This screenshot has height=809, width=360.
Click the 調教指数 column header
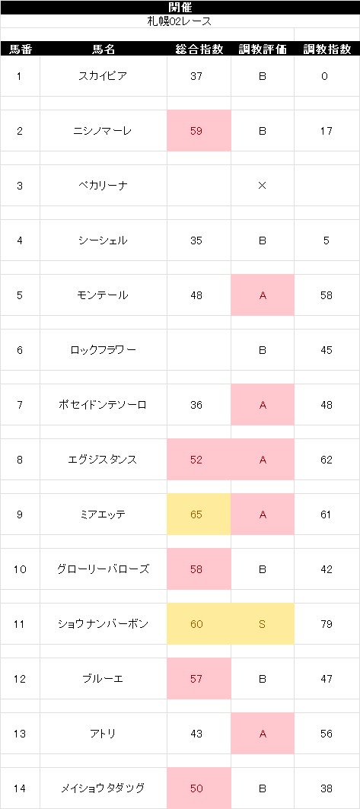(x=327, y=49)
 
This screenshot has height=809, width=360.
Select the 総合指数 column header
(x=199, y=49)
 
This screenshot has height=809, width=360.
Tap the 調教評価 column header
(x=263, y=49)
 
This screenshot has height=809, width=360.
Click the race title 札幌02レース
(x=180, y=21)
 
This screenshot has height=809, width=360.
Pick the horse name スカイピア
(x=104, y=76)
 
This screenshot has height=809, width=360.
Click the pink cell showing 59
(x=199, y=131)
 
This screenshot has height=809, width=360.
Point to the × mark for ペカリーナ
(x=262, y=186)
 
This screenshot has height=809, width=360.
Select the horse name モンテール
(x=104, y=295)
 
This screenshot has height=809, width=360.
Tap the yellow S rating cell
(x=263, y=624)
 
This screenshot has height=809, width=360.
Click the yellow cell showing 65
(x=199, y=514)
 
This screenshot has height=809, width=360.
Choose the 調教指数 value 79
(x=327, y=624)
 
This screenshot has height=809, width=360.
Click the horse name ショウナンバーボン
(x=104, y=624)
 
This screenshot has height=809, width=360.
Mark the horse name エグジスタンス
(x=104, y=460)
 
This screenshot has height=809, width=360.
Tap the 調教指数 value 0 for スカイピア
(x=324, y=76)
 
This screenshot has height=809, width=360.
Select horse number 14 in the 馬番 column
(x=20, y=788)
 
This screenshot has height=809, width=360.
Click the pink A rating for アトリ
(x=263, y=733)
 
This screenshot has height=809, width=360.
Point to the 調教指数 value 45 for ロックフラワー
(x=327, y=350)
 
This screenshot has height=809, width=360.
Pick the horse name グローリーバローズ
(x=104, y=569)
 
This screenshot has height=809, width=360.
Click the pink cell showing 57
(x=199, y=678)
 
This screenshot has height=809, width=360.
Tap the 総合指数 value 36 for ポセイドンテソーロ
(x=196, y=405)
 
